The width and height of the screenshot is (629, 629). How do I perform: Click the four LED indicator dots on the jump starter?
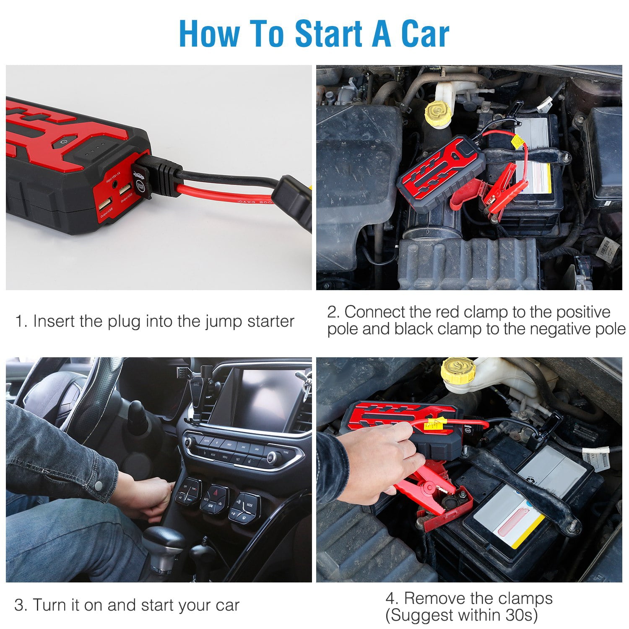click(95, 154)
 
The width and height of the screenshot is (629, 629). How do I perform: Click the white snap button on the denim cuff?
click(99, 486)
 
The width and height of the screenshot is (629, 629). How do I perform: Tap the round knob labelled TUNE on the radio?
click(273, 457)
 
